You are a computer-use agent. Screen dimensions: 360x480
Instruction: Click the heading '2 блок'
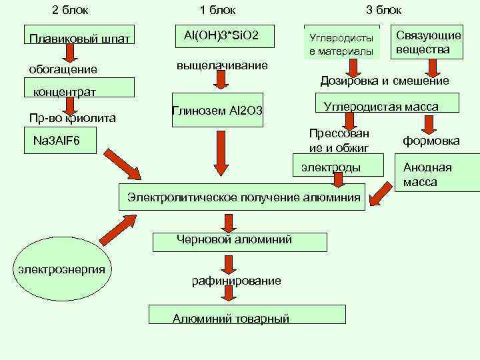70,11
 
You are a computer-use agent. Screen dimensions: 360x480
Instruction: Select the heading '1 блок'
217,11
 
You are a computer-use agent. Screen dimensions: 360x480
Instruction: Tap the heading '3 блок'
384,11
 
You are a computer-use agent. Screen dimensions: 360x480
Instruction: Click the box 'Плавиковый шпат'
79,37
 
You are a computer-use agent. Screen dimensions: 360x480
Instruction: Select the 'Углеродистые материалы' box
341,44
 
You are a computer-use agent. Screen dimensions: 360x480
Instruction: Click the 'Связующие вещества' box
428,43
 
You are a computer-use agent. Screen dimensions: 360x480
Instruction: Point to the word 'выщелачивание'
222,66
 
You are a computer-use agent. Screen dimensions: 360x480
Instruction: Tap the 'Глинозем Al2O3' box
217,110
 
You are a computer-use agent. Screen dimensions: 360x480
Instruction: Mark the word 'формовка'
431,141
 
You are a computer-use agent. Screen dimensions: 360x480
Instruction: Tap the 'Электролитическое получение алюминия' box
243,197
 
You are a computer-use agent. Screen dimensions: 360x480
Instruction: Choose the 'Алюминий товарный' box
247,315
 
